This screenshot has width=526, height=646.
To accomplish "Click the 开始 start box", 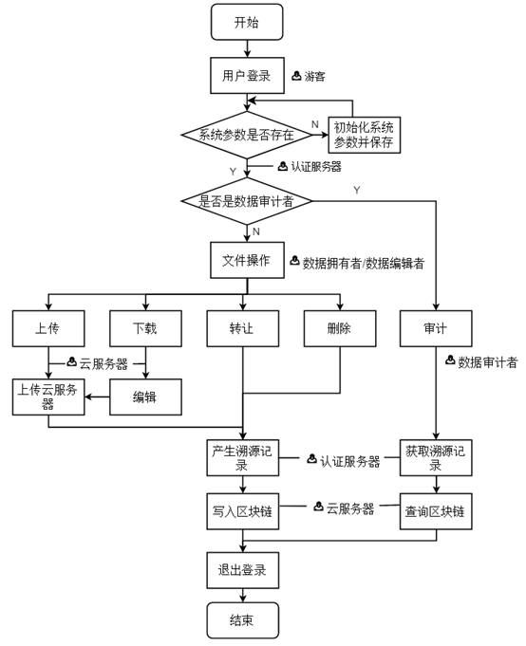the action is pyautogui.click(x=247, y=22).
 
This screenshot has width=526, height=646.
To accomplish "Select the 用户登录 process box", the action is pyautogui.click(x=247, y=75).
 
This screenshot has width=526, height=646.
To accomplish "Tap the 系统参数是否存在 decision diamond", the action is pyautogui.click(x=247, y=135).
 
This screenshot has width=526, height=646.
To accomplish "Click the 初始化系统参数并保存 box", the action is pyautogui.click(x=364, y=135).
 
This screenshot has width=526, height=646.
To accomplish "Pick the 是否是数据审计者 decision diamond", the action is pyautogui.click(x=247, y=201).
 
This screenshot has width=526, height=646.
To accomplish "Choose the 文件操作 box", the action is pyautogui.click(x=247, y=260).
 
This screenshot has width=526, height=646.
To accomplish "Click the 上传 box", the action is pyautogui.click(x=48, y=328).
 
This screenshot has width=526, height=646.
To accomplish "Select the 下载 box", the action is pyautogui.click(x=145, y=328).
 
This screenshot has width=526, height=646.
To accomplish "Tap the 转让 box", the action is pyautogui.click(x=242, y=328).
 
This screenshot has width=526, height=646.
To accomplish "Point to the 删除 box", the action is pyautogui.click(x=340, y=328).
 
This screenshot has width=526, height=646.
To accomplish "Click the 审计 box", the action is pyautogui.click(x=436, y=328).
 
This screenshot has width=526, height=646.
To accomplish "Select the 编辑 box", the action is pyautogui.click(x=145, y=397).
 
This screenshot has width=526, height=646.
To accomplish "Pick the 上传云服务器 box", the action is pyautogui.click(x=48, y=397).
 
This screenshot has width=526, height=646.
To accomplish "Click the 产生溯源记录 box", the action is pyautogui.click(x=242, y=458).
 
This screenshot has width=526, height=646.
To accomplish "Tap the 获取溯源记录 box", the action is pyautogui.click(x=436, y=458).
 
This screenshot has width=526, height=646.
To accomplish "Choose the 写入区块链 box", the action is pyautogui.click(x=242, y=511).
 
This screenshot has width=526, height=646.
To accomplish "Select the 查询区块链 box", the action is pyautogui.click(x=436, y=511).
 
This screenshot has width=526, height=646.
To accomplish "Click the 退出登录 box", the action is pyautogui.click(x=242, y=570).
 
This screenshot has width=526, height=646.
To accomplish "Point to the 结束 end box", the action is pyautogui.click(x=242, y=620).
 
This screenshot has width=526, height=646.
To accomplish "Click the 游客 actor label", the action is pyautogui.click(x=314, y=76).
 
